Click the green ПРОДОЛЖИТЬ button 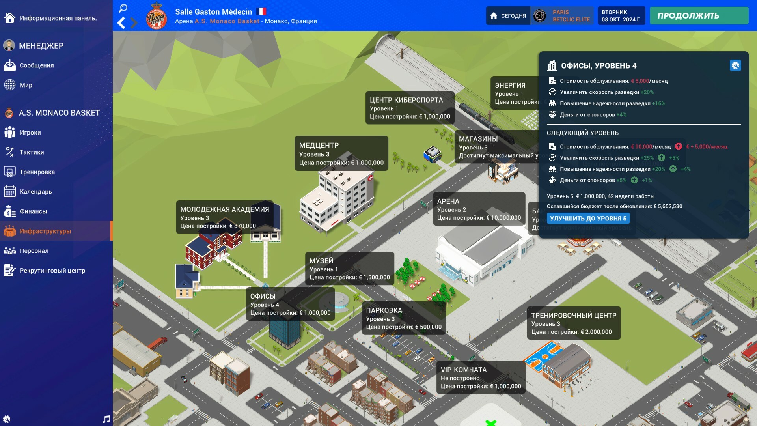(x=699, y=16)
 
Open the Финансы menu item (x=33, y=211)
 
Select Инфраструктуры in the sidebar (x=45, y=231)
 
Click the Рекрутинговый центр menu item (x=52, y=271)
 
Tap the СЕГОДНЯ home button (x=508, y=16)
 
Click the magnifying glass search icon (x=123, y=8)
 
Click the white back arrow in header (x=121, y=23)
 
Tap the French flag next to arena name (x=261, y=11)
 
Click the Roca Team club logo (x=157, y=16)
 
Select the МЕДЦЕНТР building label (x=341, y=153)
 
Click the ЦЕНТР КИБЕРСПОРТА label (x=410, y=108)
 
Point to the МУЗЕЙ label (x=349, y=269)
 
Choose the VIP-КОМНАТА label (x=480, y=377)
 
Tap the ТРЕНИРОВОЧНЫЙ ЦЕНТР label (x=573, y=323)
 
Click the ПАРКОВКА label (x=403, y=318)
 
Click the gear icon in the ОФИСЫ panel (x=735, y=65)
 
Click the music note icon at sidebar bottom (x=106, y=419)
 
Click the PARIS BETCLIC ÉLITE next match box (x=562, y=16)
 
